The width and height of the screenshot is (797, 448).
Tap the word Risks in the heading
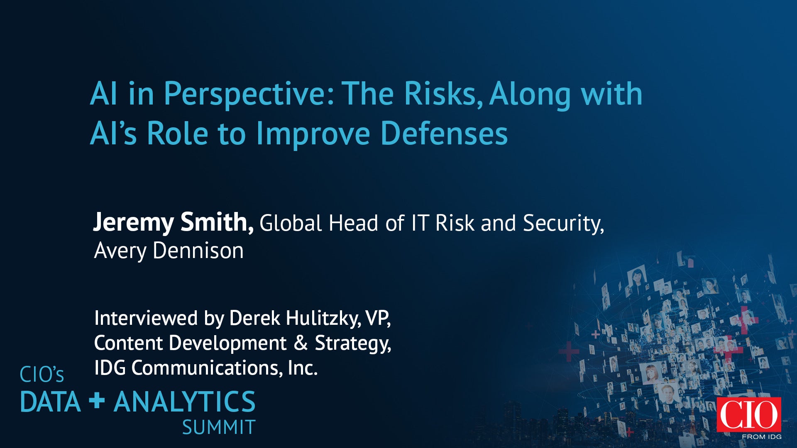[443, 94]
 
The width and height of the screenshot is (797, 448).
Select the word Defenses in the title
[444, 134]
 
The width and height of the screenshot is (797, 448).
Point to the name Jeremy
[133, 223]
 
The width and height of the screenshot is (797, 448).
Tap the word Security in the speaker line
[563, 224]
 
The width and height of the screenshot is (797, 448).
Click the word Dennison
[198, 251]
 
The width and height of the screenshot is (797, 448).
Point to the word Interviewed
[146, 318]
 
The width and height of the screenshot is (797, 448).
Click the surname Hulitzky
[323, 319]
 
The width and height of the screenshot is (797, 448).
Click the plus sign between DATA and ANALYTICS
[97, 400]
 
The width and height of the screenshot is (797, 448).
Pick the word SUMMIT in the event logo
[219, 428]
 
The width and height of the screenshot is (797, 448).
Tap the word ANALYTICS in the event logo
[185, 402]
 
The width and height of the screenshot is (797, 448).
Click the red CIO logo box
[749, 414]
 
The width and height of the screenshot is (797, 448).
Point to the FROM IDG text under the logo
[762, 437]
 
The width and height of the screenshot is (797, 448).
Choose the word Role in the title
[177, 134]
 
